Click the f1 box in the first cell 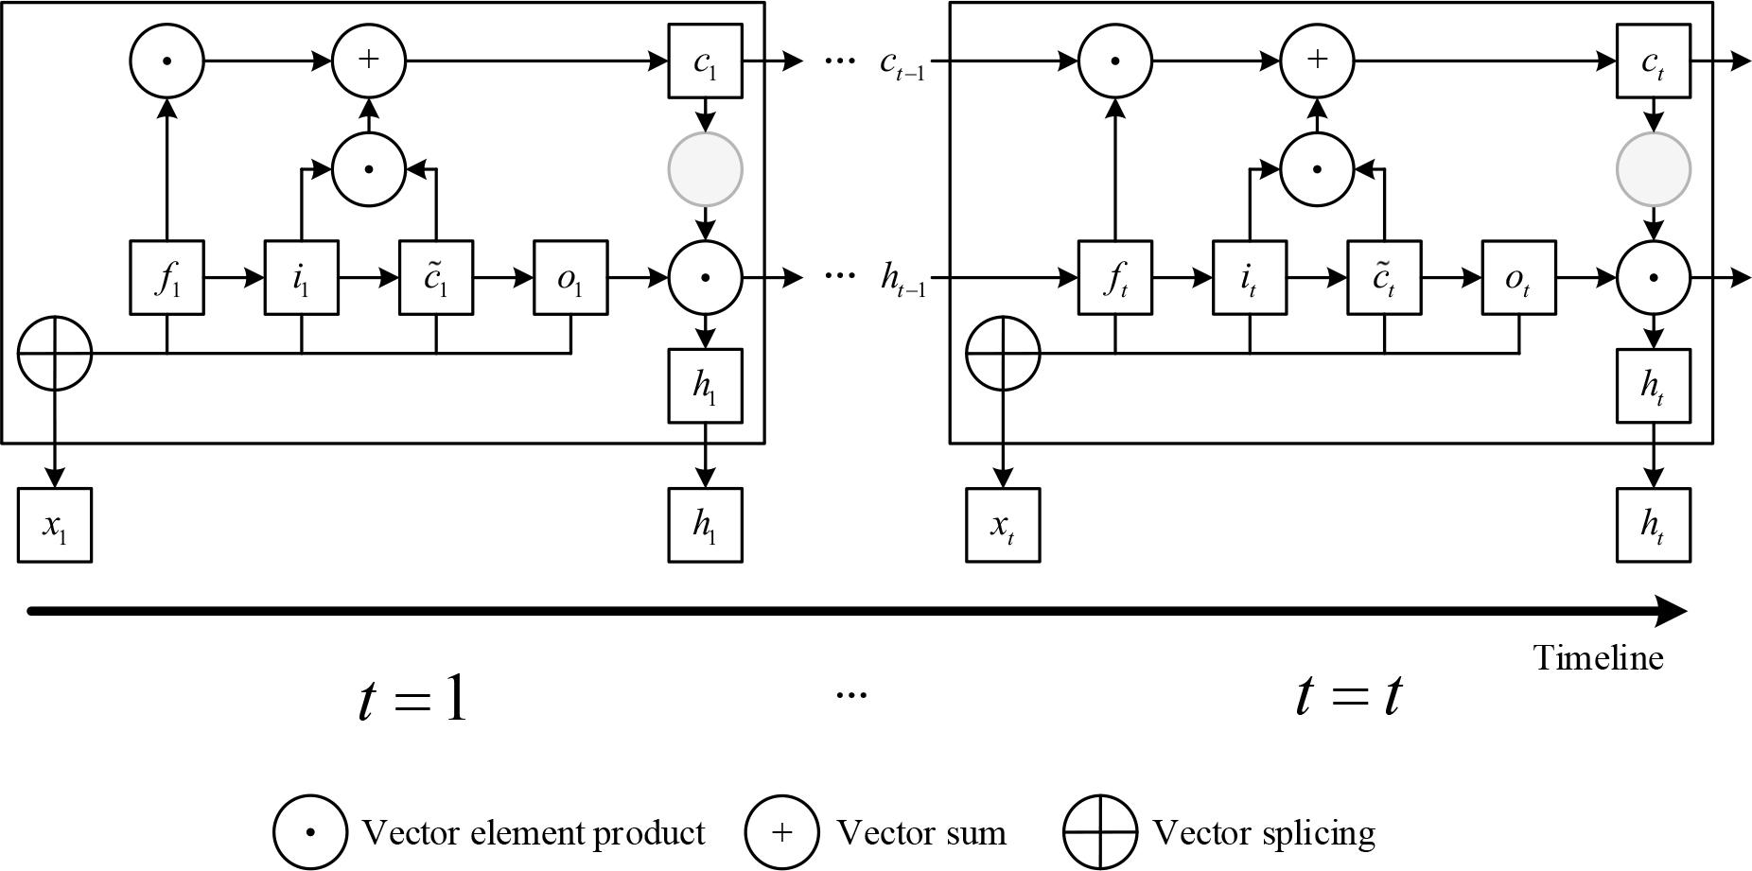coord(167,278)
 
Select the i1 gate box coord(301,278)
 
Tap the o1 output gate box coord(570,278)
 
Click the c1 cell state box coord(705,61)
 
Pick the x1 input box coord(55,525)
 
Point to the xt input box coord(1003,525)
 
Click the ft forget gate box coord(1116,278)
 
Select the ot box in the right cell coord(1519,278)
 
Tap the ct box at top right coord(1653,61)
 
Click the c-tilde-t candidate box coord(1384,278)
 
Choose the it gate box coord(1250,278)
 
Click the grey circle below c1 coord(705,169)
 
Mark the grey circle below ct coord(1653,169)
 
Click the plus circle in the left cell coord(369,61)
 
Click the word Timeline coord(1598,658)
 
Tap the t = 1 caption coord(413,700)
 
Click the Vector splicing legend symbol coord(1099,832)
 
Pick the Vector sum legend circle coord(781,832)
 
